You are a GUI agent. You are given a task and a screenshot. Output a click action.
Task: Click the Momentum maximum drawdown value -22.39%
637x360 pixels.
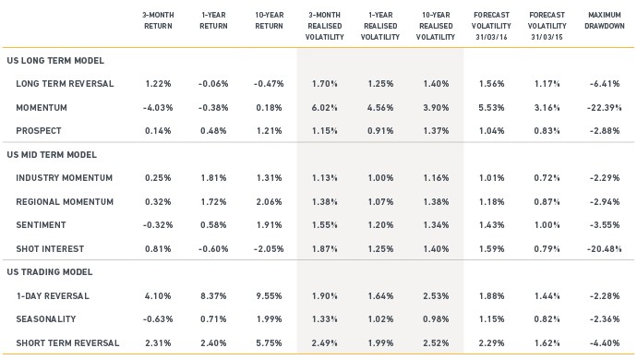tap(604, 108)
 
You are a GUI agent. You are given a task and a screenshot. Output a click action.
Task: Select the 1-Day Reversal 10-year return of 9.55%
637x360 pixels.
tap(269, 295)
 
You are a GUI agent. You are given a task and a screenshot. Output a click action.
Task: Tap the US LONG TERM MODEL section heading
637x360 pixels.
tap(55, 61)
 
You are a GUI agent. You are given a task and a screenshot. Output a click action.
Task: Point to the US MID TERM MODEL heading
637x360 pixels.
tap(52, 155)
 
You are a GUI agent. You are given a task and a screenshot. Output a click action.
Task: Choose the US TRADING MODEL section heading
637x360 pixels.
tap(50, 271)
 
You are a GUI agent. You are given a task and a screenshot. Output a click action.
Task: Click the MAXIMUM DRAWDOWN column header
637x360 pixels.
tap(605, 20)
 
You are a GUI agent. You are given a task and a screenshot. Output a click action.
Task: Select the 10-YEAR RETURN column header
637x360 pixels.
tap(269, 20)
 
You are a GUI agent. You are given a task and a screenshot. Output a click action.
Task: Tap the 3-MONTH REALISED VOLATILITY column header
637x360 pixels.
tap(325, 26)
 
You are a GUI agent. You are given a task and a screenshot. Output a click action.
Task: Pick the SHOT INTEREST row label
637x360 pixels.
tap(50, 248)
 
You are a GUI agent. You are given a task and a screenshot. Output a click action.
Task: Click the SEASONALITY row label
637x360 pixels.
tap(46, 319)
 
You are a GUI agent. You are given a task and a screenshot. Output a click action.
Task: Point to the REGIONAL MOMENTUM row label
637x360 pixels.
tap(65, 201)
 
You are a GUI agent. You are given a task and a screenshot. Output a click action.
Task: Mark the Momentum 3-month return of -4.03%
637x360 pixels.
tap(158, 108)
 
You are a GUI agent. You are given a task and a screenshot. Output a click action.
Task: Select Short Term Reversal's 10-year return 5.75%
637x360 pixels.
tap(269, 343)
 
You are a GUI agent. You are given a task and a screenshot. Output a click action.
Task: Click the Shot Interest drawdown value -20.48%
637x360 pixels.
tap(604, 248)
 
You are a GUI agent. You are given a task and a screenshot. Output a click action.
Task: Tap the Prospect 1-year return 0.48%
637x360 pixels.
tap(213, 131)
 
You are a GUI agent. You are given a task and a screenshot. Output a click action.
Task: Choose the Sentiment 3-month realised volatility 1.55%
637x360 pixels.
tap(325, 225)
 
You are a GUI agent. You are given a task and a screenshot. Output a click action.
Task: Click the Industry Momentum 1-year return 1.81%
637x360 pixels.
tap(213, 178)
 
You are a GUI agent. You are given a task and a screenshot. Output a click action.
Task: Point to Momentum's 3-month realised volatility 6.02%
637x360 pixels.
tap(325, 108)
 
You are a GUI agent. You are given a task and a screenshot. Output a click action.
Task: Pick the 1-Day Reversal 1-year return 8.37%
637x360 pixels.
tap(213, 295)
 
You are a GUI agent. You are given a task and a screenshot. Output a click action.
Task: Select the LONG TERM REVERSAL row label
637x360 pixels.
tap(65, 84)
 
